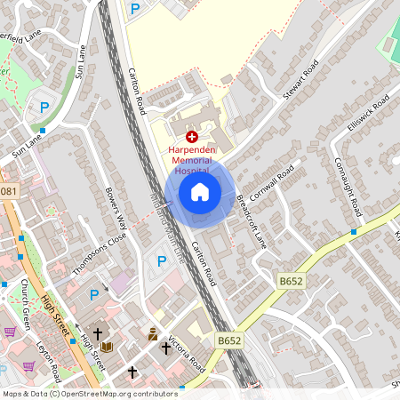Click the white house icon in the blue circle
200,191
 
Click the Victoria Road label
188,355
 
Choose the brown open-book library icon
108,347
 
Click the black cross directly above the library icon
98,332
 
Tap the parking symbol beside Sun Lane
44,108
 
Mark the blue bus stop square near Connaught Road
353,232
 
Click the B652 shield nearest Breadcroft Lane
290,282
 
